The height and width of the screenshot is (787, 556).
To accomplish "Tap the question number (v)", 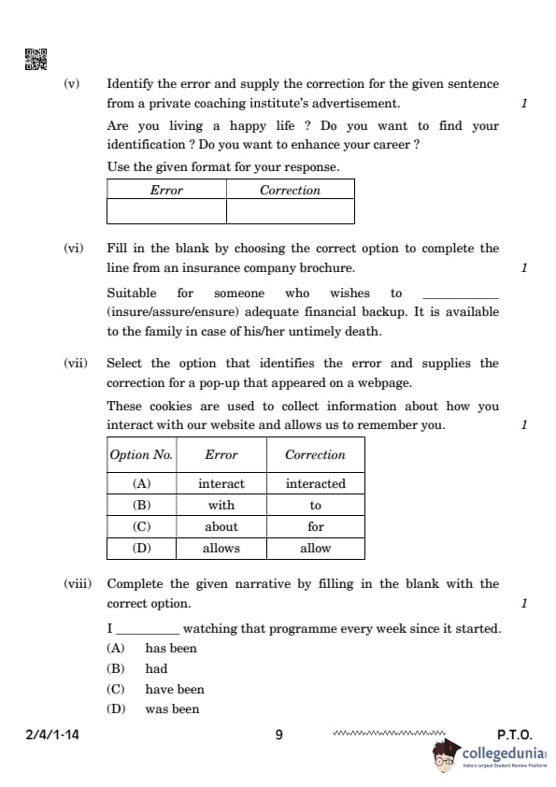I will coord(72,83).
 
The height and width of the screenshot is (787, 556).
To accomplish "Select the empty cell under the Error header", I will coord(166,211).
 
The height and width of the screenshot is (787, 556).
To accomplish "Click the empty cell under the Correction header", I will coord(290,211).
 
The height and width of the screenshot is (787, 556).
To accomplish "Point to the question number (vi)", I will coord(73,248).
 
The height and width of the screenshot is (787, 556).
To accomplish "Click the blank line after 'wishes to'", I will coord(461,293).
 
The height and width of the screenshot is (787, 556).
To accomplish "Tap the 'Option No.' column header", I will coord(142,454).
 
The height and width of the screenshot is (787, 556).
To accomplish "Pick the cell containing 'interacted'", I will coord(315,483).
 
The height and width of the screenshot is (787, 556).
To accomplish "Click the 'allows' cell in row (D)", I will coord(221,548).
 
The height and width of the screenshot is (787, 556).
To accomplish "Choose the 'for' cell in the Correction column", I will coord(315,526).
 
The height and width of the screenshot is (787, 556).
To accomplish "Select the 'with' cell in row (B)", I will coord(221,505).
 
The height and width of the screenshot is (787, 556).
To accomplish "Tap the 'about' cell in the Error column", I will coord(221,526).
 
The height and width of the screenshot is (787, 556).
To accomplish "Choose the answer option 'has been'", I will coord(170,648).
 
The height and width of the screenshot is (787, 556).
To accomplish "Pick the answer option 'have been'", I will coord(174,689).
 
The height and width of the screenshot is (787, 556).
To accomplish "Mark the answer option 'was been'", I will coord(172,709).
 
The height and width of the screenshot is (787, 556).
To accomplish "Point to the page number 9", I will coord(278,735).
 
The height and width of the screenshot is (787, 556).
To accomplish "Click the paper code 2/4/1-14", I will coord(53,735).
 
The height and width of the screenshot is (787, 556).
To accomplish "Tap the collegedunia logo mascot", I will coord(446,756).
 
